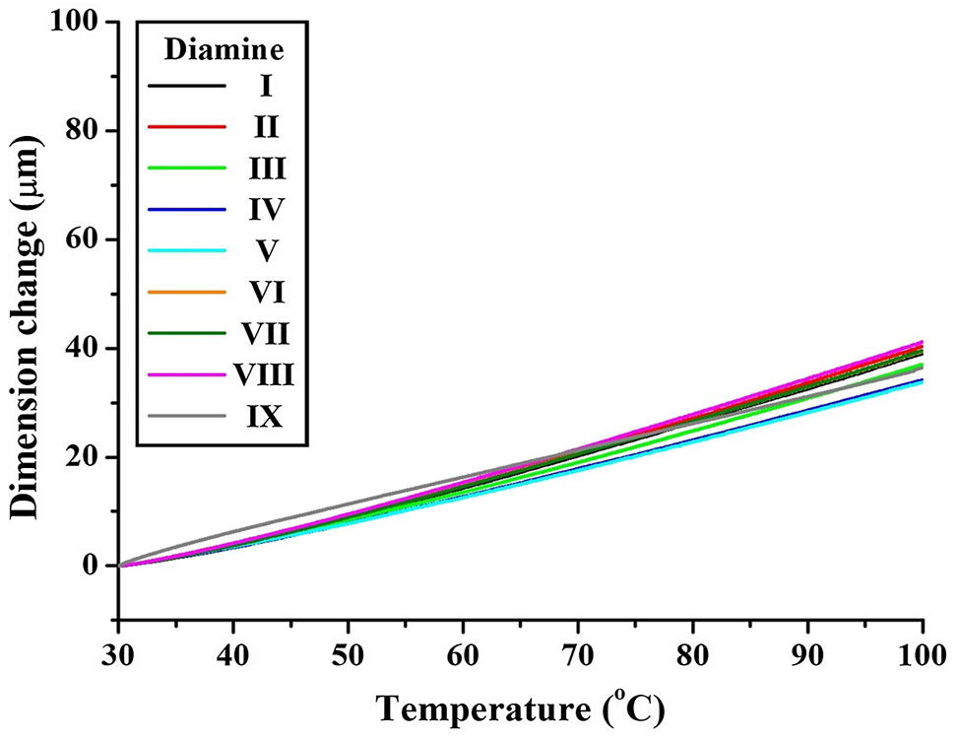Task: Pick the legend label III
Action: click(x=266, y=169)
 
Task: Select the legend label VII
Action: click(x=266, y=335)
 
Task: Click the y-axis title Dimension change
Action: click(x=27, y=325)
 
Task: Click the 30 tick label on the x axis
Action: click(x=118, y=654)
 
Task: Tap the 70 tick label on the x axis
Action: click(x=578, y=654)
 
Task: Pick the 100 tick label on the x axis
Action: click(x=922, y=654)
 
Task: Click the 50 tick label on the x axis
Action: click(x=348, y=654)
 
